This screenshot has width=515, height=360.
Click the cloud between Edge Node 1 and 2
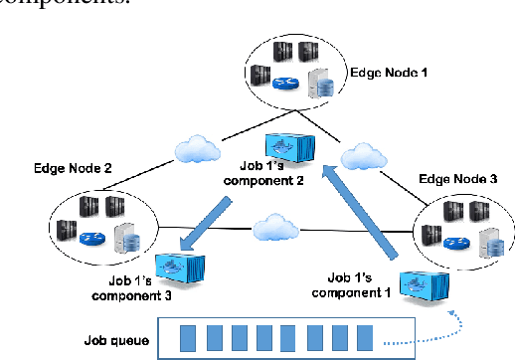195,150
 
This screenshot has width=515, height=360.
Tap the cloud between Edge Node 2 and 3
276,228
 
